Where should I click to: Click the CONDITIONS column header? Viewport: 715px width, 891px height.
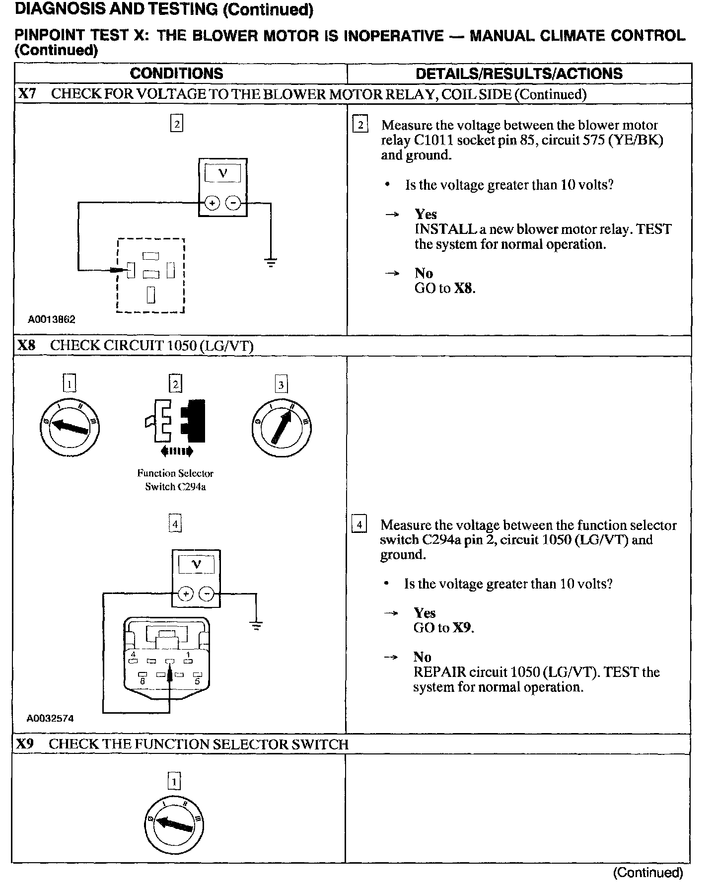176,74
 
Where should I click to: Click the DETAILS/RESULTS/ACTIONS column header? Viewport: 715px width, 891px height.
518,74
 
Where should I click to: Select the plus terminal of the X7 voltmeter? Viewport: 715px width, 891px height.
212,203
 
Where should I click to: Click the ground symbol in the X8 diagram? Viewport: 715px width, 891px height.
256,626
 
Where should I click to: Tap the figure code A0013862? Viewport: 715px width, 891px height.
52,319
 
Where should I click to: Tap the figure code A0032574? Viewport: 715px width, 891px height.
50,718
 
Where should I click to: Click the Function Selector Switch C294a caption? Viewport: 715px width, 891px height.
175,480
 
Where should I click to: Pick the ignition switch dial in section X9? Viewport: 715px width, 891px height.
174,825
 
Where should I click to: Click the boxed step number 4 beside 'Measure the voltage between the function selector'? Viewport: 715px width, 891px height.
358,524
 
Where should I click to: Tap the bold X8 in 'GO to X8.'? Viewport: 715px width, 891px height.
463,288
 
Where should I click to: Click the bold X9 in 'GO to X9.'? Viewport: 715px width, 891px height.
462,628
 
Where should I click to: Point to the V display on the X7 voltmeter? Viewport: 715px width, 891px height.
222,173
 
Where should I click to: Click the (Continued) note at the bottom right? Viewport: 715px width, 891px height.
647,873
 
